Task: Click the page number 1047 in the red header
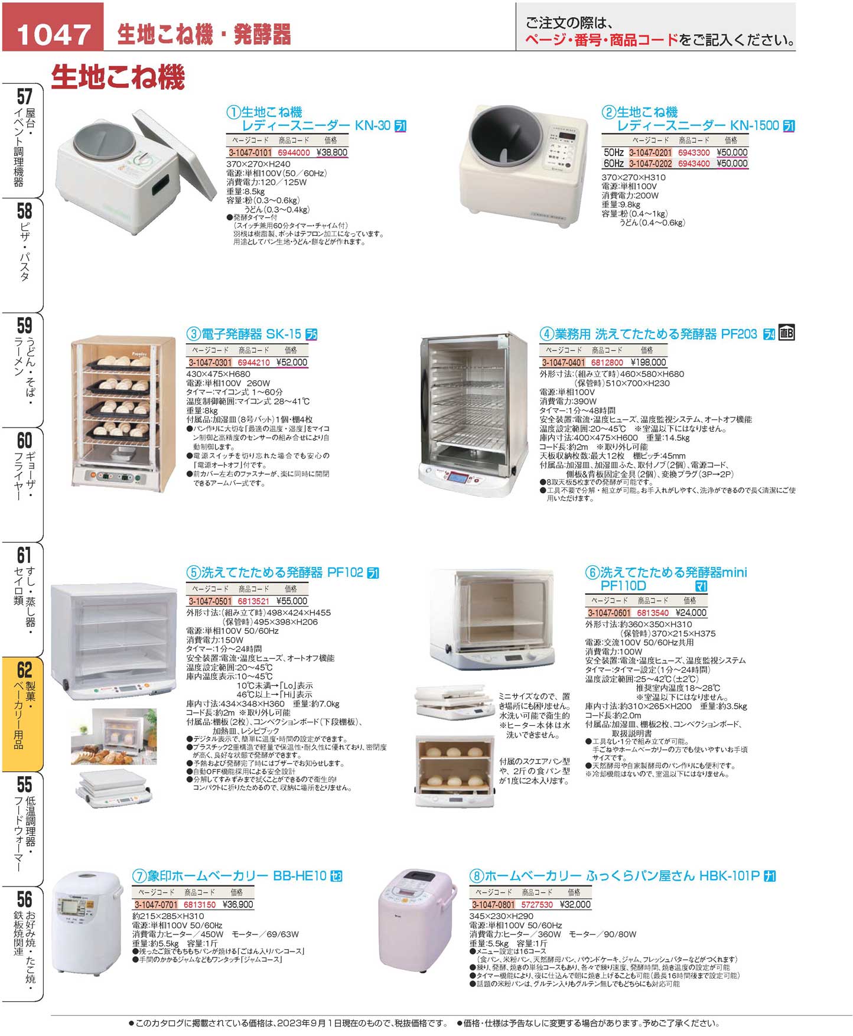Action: pos(53,34)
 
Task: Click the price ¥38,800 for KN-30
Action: pos(332,152)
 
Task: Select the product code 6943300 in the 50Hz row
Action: pos(694,152)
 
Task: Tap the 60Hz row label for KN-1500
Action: pos(613,164)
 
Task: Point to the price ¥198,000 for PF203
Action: pos(648,363)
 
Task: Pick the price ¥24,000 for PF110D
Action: pos(691,613)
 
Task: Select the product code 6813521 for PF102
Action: pos(253,601)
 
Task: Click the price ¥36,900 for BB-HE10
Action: pos(237,905)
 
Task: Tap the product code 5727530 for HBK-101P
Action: pos(536,905)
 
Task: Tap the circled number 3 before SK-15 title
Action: pos(193,334)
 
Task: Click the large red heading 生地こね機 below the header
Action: pos(118,77)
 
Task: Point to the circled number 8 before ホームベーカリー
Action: pos(476,877)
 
